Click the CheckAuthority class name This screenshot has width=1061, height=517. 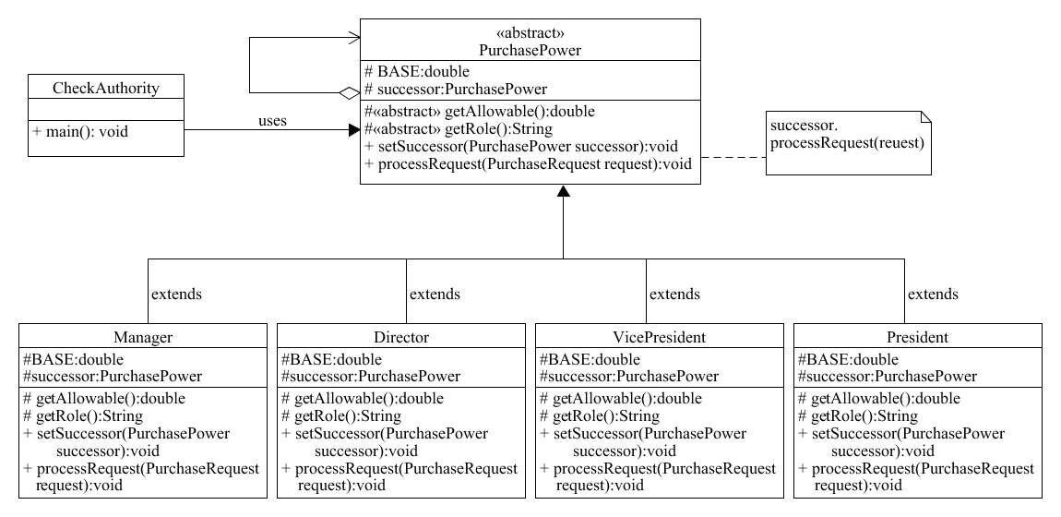(x=106, y=89)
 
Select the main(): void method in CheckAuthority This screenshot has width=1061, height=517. (x=80, y=131)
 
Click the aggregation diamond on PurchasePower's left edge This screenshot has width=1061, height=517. (x=348, y=92)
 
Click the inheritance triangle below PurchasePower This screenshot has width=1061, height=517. (x=563, y=191)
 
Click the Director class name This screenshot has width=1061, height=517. (x=401, y=337)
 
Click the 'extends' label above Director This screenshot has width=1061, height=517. (x=435, y=295)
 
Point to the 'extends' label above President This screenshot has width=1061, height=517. (x=933, y=295)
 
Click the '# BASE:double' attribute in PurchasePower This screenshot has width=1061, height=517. (x=417, y=72)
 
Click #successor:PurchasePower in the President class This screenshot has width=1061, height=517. (x=886, y=376)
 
